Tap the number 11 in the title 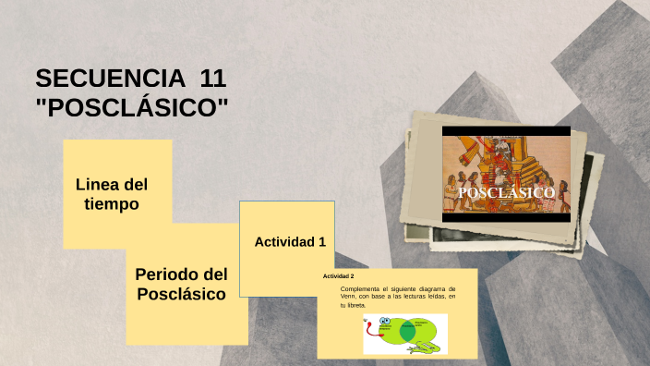212,79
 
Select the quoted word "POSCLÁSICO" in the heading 131,108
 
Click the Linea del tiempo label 112,193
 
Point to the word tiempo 112,203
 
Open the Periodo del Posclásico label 181,284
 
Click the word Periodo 166,274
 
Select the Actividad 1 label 290,242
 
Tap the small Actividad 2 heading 338,276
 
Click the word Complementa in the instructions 359,289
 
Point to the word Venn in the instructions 351,297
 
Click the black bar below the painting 506,216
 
